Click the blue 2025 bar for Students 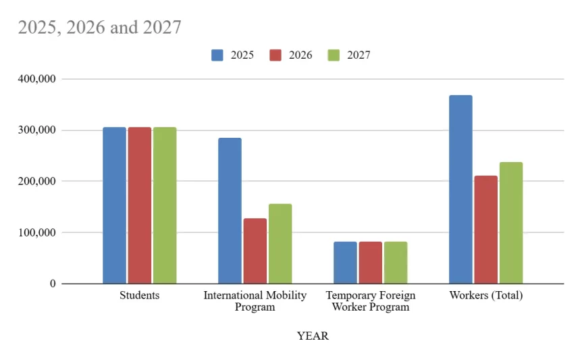tap(114, 205)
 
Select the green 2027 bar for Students tap(164, 205)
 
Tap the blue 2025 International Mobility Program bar tap(230, 211)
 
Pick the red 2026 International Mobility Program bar tap(255, 251)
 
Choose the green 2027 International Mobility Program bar tap(280, 244)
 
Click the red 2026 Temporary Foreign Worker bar tap(370, 263)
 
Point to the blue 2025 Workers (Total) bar tap(460, 189)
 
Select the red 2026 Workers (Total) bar tap(485, 230)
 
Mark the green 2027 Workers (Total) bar tap(511, 223)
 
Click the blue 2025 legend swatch tap(217, 55)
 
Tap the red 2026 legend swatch tap(275, 55)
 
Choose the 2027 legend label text tap(359, 55)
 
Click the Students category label tap(139, 296)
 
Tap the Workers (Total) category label tap(486, 296)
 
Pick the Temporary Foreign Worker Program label tap(370, 301)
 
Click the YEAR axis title tap(313, 336)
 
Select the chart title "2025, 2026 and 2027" tap(99, 27)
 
